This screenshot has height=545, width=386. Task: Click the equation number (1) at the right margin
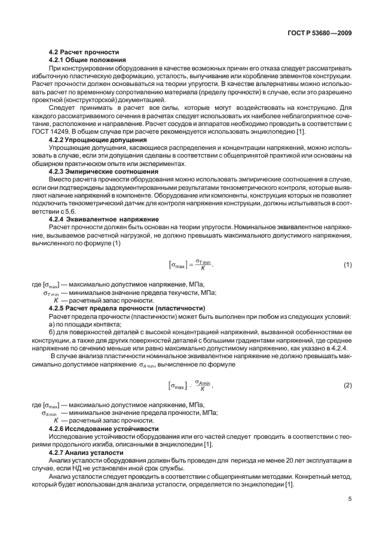coord(348,248)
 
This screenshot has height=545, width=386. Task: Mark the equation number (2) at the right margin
coord(348,386)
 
